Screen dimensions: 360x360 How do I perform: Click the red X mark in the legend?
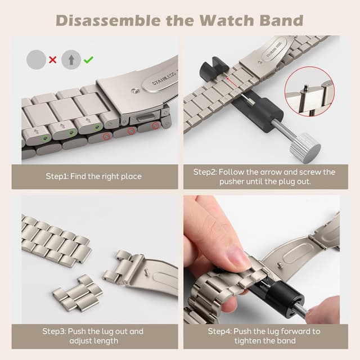coord(53,59)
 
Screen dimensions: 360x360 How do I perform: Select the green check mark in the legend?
coord(88,59)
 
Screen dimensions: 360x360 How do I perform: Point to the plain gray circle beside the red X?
coord(36,58)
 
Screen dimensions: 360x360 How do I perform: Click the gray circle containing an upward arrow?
coord(71,58)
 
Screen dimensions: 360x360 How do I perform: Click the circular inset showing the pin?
coord(309,92)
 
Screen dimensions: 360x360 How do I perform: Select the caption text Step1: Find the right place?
coord(93,176)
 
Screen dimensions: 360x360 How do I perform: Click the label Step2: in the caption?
coord(206,172)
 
